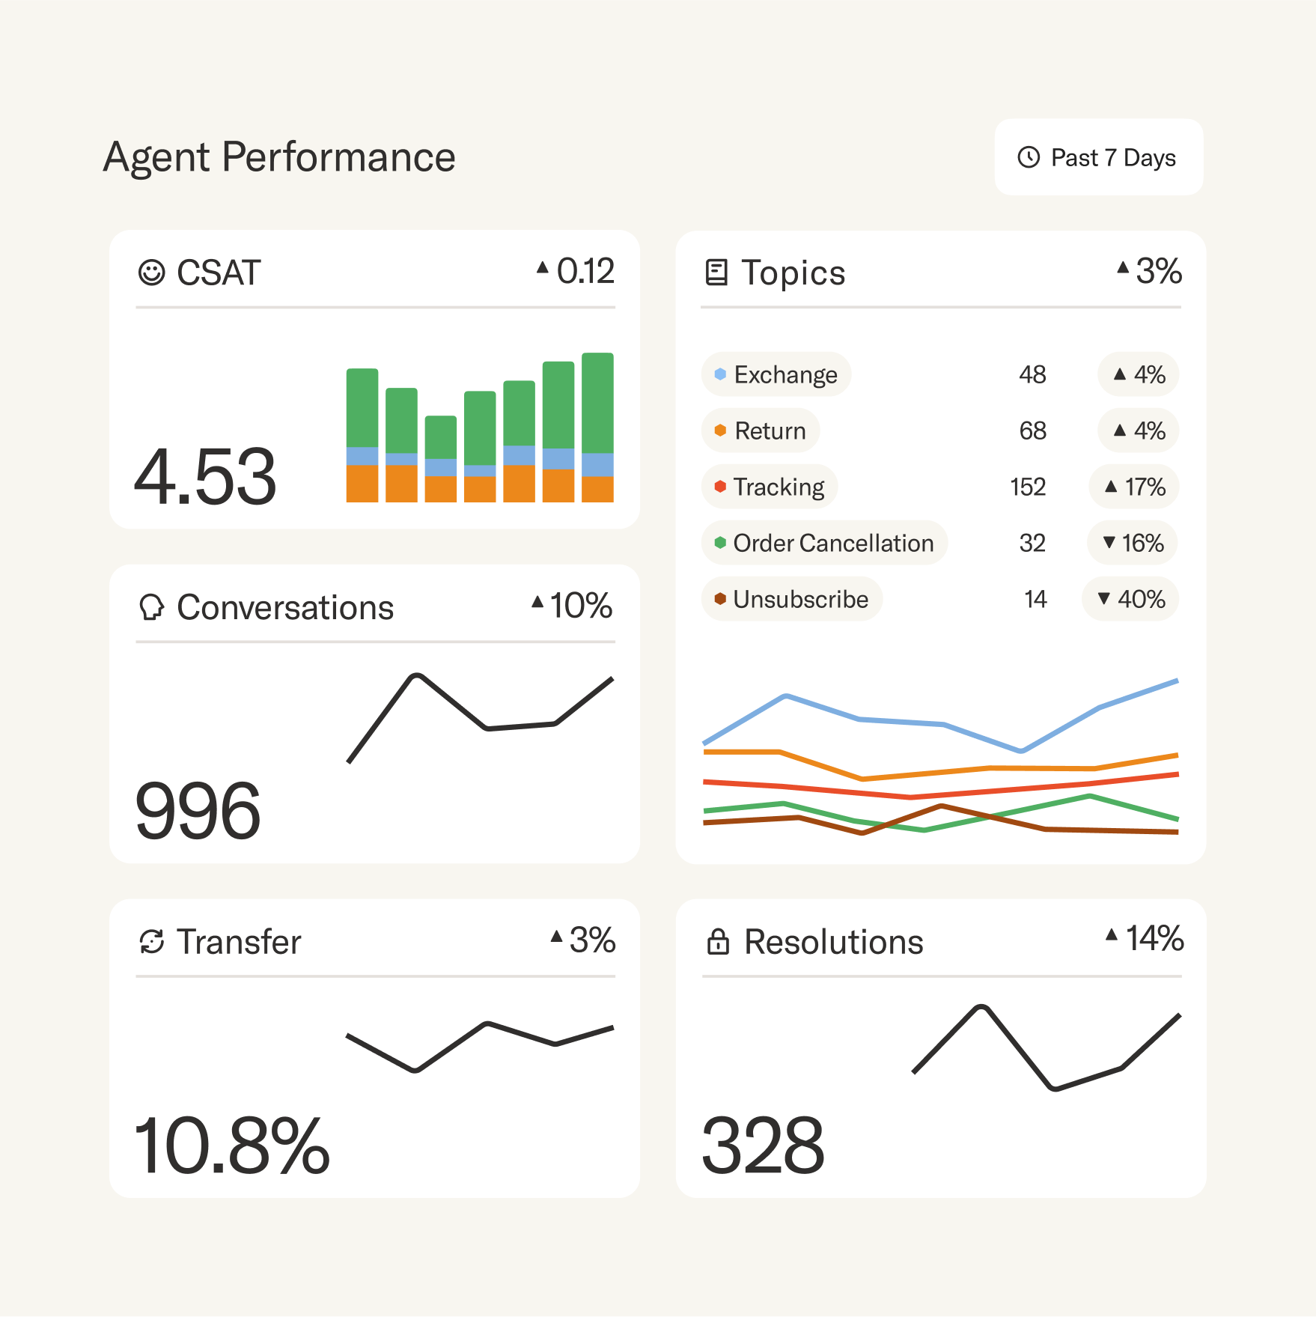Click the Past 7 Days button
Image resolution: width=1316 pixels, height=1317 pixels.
click(1098, 157)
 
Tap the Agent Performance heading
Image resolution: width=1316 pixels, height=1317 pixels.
click(279, 157)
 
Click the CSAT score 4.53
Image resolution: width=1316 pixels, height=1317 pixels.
click(205, 476)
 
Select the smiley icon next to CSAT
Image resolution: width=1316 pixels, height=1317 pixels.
click(151, 273)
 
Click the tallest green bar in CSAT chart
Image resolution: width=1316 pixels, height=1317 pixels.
click(597, 403)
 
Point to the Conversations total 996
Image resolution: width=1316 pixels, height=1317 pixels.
click(198, 811)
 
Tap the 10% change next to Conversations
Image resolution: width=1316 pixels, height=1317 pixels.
click(573, 605)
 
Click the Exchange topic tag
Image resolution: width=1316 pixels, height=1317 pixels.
click(776, 374)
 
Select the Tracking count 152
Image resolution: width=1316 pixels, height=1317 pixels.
click(1027, 487)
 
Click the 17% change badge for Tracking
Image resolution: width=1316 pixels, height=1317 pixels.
click(1134, 487)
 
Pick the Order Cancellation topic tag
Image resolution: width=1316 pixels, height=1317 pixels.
click(824, 543)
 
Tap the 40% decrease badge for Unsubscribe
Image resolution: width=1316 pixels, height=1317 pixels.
click(1130, 599)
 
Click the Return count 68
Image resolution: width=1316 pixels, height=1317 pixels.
click(1032, 431)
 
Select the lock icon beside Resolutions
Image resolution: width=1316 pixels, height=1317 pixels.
click(717, 942)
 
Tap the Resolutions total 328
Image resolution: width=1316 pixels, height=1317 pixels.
click(763, 1146)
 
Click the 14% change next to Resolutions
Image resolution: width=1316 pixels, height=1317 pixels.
click(1145, 938)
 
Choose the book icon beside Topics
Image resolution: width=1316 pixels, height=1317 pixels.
click(716, 273)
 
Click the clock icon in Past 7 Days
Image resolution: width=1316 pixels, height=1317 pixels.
click(1029, 157)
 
